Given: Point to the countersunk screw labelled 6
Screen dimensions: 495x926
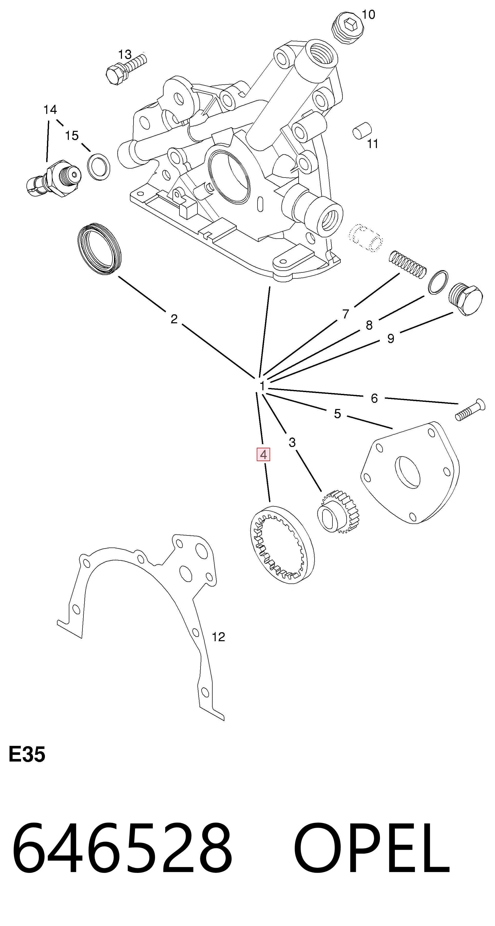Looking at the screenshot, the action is point(470,411).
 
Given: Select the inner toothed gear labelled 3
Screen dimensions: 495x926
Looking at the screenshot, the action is point(338,511).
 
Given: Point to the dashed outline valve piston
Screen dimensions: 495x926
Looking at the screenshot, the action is point(366,237).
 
